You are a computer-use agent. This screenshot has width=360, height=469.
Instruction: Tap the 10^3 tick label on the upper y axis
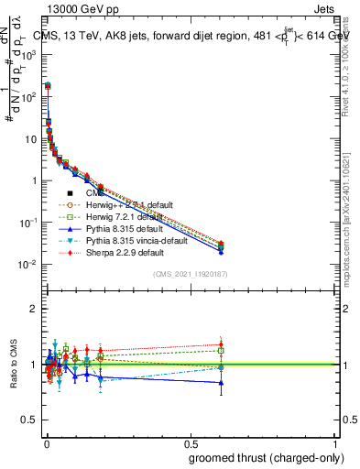(27, 54)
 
